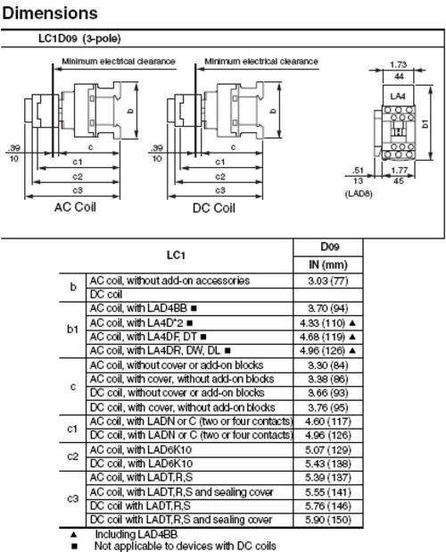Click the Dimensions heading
(50, 13)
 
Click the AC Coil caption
(75, 207)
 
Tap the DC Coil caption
(214, 208)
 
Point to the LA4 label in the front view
(398, 96)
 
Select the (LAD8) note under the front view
(359, 193)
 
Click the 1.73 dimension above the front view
(398, 64)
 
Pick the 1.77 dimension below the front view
(400, 171)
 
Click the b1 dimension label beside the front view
(425, 123)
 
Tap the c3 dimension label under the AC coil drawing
(78, 190)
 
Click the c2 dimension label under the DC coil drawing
(220, 176)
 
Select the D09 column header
(329, 247)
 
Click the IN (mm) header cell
(328, 264)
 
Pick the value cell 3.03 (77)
(328, 281)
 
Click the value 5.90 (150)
(328, 520)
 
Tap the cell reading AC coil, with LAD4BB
(143, 308)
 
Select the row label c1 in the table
(72, 429)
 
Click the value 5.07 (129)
(328, 450)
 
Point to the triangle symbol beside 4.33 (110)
(353, 322)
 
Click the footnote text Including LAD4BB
(136, 534)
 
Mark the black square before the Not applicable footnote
(74, 547)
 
